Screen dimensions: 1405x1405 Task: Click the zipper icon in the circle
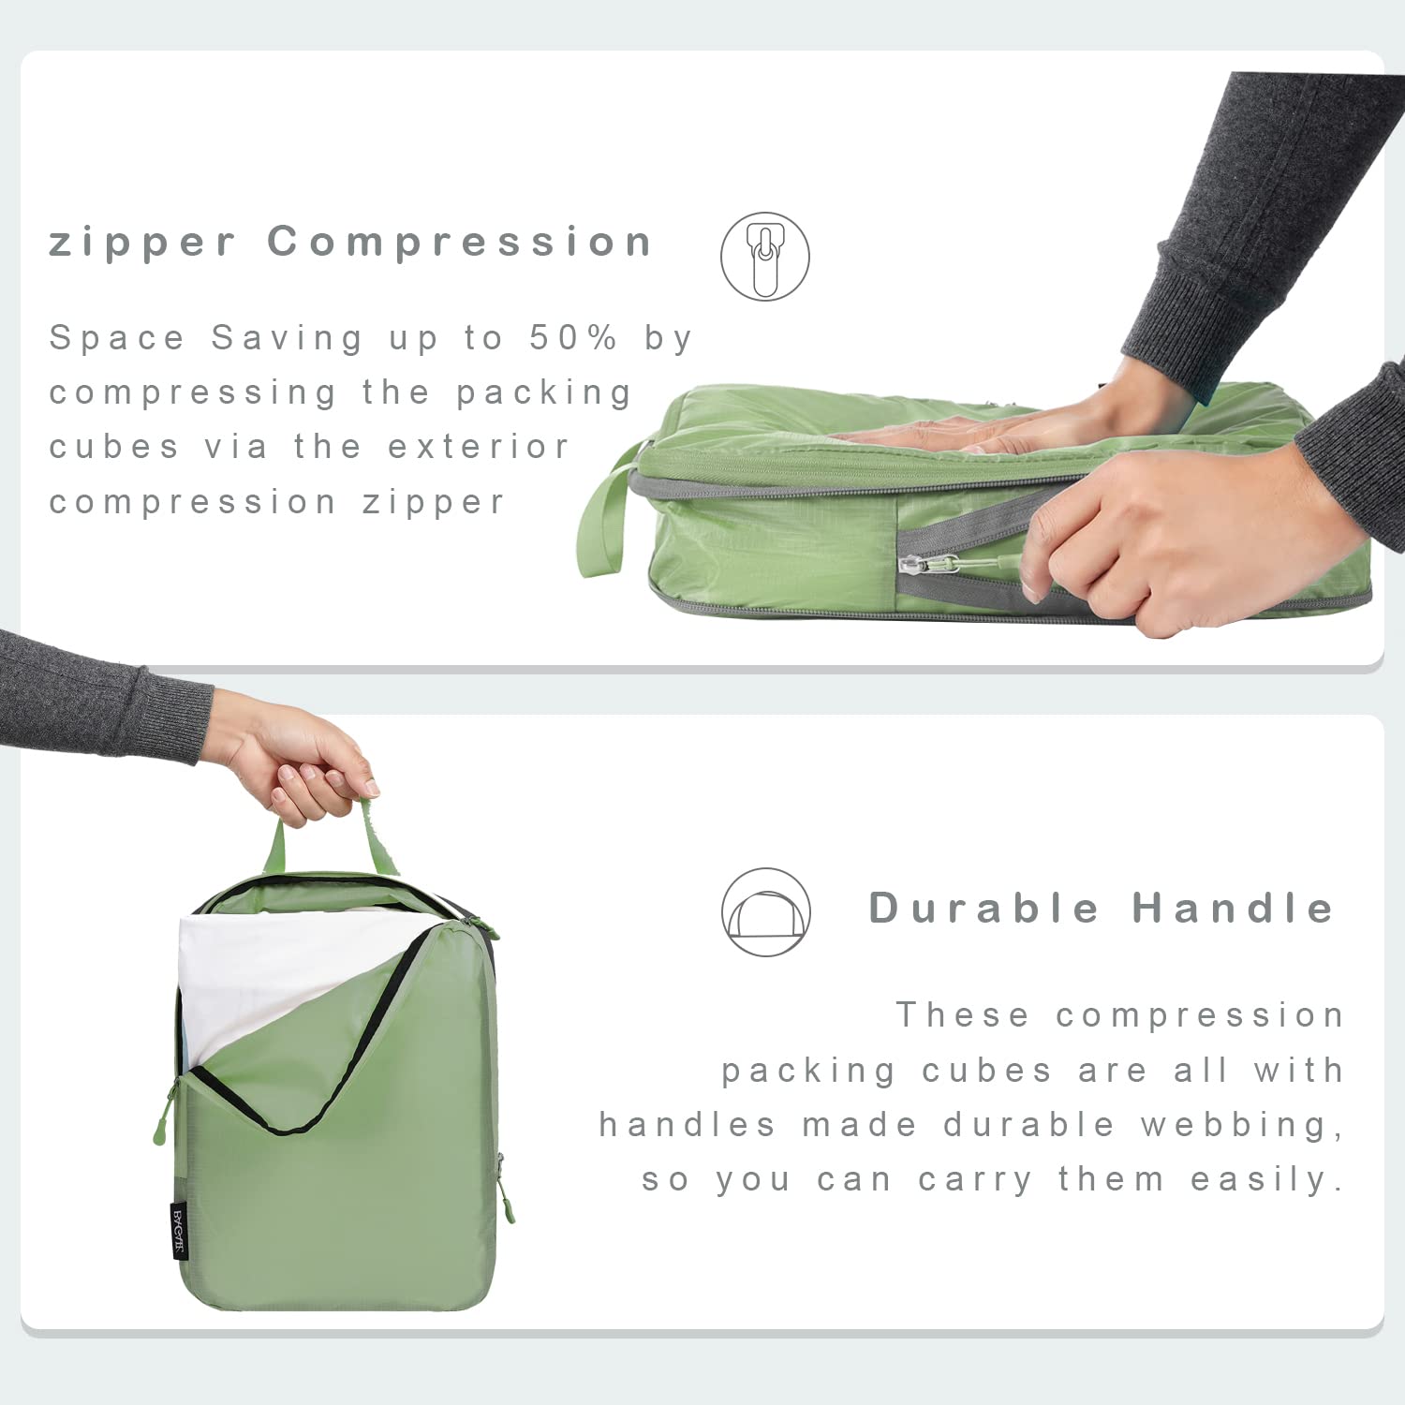(x=764, y=256)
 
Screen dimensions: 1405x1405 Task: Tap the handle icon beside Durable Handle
(x=765, y=911)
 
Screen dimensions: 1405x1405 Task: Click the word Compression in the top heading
(x=460, y=242)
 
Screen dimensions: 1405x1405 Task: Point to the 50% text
(x=573, y=337)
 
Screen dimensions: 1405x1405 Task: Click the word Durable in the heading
(x=983, y=908)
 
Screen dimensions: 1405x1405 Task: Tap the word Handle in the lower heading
(x=1233, y=908)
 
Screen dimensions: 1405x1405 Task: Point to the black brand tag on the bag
(x=179, y=1231)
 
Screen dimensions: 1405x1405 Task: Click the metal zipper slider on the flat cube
(x=914, y=564)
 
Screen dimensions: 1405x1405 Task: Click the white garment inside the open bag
(x=272, y=974)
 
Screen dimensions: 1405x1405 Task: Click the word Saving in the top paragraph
(x=287, y=337)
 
